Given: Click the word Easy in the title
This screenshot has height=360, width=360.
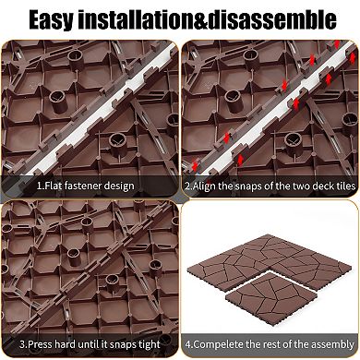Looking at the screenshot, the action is click(x=52, y=20).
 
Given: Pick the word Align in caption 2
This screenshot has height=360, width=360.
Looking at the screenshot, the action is click(x=204, y=186).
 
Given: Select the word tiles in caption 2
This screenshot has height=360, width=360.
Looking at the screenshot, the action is click(x=345, y=186).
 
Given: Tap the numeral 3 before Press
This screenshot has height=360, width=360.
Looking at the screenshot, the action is click(x=21, y=344).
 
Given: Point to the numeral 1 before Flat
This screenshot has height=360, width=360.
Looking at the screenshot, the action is click(x=39, y=186).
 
